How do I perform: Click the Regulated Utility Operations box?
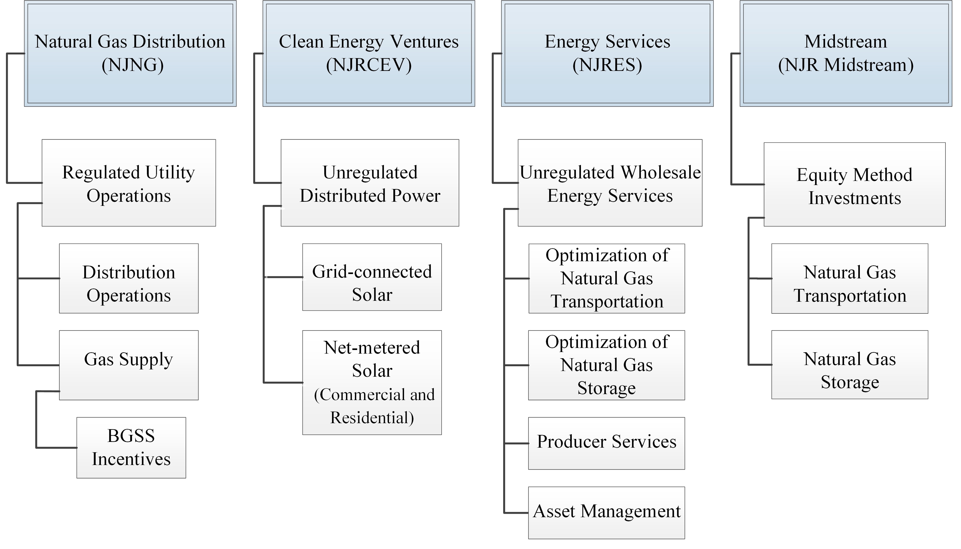pos(129,183)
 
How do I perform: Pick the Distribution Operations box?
pos(129,278)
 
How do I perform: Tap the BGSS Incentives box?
pos(131,448)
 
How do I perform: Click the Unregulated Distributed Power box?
pos(370,183)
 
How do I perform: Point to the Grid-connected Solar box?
pos(372,277)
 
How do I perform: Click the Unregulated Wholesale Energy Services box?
pos(610,183)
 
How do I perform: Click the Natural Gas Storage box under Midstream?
pos(849,365)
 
